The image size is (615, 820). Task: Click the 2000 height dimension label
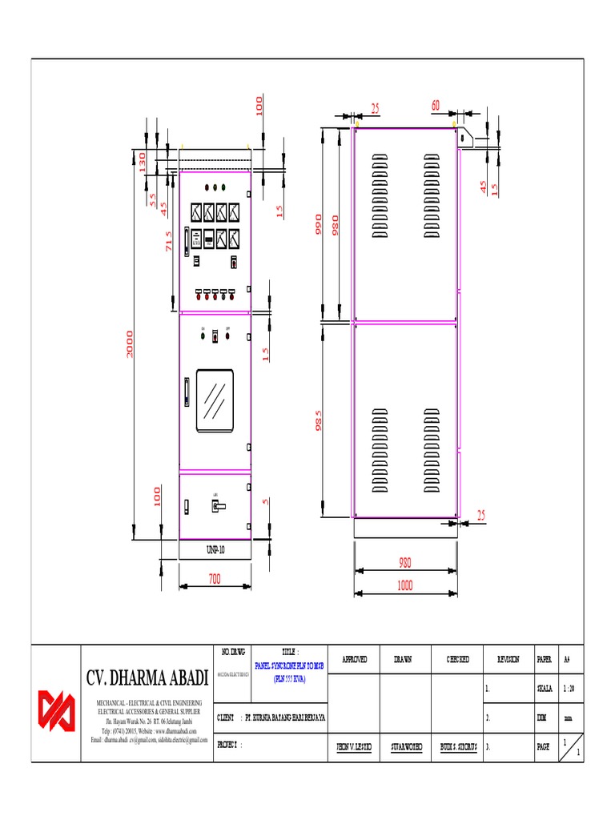pos(130,344)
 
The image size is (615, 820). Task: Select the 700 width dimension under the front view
pos(214,579)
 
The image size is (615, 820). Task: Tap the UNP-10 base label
pos(215,550)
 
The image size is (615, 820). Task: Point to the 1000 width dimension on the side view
pos(405,586)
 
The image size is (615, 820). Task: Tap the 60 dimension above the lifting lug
pos(436,106)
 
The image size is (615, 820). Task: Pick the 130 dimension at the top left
pos(143,163)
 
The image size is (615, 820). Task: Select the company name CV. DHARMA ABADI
pos(147,679)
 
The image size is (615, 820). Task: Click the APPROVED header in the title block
pos(354,659)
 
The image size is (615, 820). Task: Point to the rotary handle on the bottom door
pos(216,505)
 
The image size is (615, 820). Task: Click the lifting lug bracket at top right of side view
pos(472,138)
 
